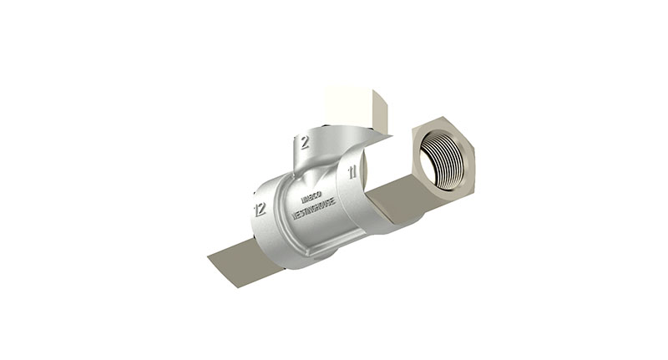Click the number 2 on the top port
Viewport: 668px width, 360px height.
point(305,142)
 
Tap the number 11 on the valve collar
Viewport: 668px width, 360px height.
point(352,173)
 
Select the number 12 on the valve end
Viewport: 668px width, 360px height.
point(260,209)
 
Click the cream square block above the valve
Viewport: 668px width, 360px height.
point(351,100)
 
